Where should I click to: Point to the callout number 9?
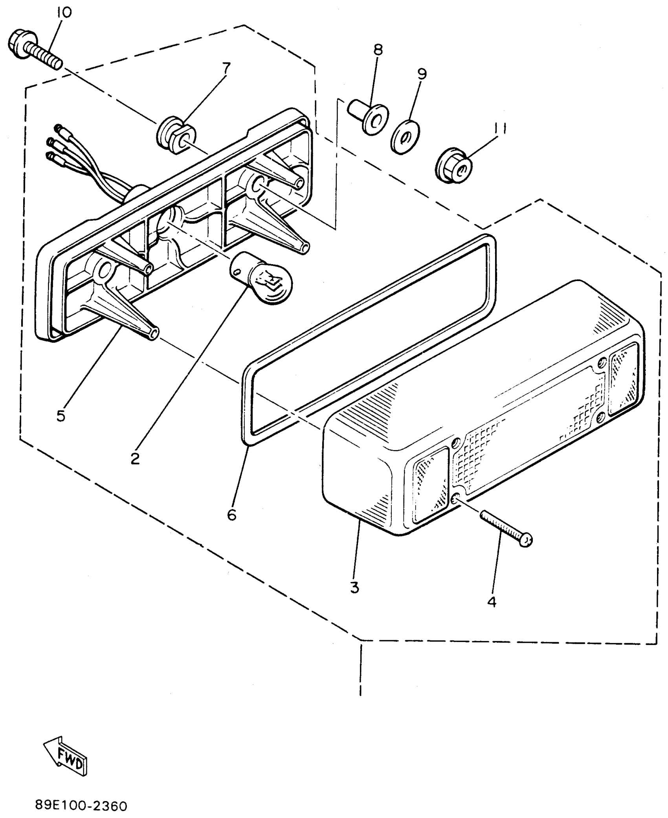422,74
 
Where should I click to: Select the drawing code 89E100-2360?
81,803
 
